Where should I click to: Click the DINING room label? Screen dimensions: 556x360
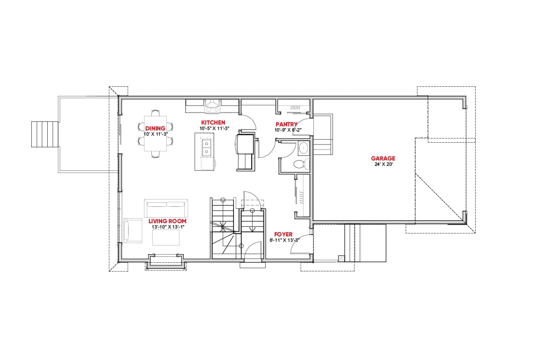[155, 129]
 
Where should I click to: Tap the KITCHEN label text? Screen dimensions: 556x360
[213, 122]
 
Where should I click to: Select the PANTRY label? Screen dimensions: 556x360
[287, 124]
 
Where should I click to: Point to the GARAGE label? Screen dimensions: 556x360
[383, 158]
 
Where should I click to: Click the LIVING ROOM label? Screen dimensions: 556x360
[168, 221]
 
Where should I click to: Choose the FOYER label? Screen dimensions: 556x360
[283, 234]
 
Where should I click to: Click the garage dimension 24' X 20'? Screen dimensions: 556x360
[384, 164]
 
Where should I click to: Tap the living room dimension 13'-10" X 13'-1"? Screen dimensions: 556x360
[168, 227]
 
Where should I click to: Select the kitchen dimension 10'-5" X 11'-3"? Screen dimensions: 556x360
[214, 129]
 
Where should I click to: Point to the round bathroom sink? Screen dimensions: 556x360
[303, 148]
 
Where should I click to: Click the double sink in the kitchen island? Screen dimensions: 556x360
[206, 148]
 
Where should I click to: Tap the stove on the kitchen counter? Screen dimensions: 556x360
[212, 106]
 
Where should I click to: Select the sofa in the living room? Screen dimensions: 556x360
[166, 208]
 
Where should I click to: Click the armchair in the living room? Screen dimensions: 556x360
[133, 230]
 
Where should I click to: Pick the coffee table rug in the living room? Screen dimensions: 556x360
[165, 237]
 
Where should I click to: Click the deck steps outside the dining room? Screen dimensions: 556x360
[45, 134]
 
